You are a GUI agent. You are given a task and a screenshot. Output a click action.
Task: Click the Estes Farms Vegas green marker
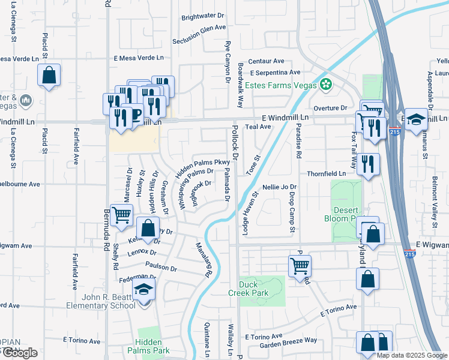[x=326, y=85]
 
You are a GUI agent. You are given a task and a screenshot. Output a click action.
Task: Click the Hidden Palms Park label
[x=152, y=346]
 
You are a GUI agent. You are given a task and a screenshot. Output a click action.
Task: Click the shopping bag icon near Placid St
[x=49, y=76]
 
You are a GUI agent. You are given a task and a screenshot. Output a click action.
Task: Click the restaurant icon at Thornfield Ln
[x=368, y=164]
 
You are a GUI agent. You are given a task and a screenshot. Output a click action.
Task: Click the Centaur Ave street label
[x=266, y=61]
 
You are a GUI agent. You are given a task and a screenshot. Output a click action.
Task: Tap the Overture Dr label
[x=334, y=108]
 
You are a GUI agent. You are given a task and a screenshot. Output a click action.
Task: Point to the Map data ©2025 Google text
[x=411, y=355]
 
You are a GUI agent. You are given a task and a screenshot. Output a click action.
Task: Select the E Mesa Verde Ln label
[x=138, y=58]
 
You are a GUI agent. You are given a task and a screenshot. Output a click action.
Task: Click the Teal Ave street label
[x=259, y=127]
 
